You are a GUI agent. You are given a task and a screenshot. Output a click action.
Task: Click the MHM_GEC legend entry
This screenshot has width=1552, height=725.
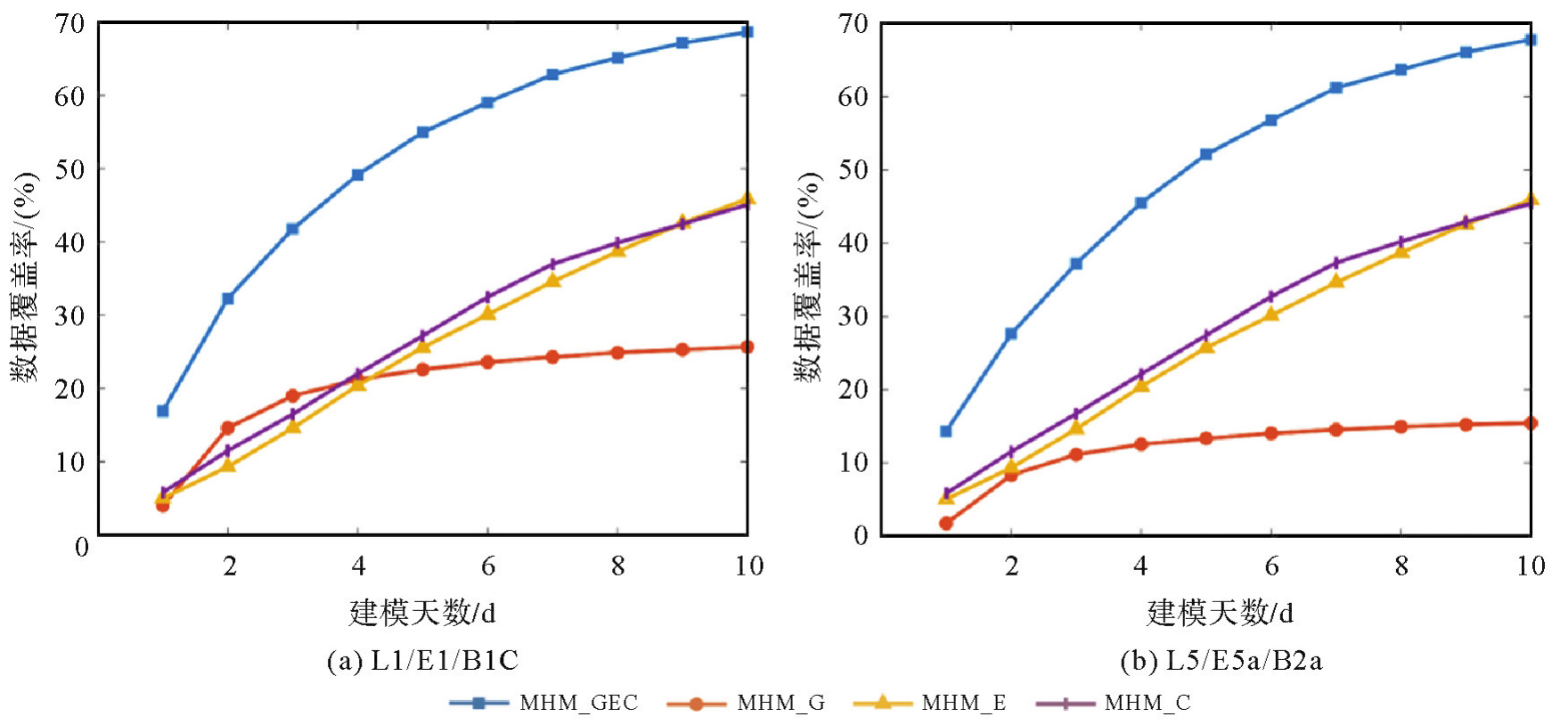click(x=543, y=703)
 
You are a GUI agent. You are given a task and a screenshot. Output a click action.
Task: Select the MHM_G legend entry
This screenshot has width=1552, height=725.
click(x=746, y=703)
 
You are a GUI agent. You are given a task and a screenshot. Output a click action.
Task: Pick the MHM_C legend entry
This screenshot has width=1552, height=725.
click(x=1114, y=703)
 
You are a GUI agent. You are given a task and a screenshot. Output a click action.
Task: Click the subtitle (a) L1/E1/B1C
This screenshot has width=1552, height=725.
click(x=422, y=660)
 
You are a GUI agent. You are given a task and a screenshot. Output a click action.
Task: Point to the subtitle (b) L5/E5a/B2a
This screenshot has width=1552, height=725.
click(x=1221, y=660)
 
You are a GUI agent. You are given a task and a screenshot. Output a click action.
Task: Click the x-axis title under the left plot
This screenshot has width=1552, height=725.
click(x=422, y=613)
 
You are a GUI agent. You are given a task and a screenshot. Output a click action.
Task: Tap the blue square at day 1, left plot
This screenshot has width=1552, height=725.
click(x=163, y=411)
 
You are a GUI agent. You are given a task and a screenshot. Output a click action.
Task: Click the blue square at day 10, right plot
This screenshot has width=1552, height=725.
click(x=1531, y=40)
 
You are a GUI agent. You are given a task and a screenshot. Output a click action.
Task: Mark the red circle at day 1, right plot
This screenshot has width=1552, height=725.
click(x=946, y=523)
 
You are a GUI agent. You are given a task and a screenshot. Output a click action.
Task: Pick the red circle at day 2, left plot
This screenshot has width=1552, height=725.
click(x=228, y=428)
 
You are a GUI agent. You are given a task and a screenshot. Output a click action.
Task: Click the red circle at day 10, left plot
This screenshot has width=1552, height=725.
click(x=747, y=346)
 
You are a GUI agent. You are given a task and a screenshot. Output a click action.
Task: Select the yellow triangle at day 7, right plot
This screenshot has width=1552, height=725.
click(x=1336, y=281)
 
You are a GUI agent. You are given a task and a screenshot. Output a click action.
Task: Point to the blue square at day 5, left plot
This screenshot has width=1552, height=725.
click(x=423, y=132)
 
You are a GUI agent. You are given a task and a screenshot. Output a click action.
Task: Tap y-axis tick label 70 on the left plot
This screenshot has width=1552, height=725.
click(x=69, y=24)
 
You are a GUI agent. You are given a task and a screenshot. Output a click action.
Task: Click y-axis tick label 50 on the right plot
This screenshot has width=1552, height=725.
click(x=853, y=169)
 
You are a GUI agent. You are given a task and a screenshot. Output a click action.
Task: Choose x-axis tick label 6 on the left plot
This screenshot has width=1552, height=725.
click(x=488, y=566)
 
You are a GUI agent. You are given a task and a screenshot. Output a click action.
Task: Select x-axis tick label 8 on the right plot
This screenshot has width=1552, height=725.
click(x=1401, y=566)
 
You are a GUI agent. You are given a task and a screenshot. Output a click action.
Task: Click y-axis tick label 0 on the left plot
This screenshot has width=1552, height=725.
click(x=81, y=546)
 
